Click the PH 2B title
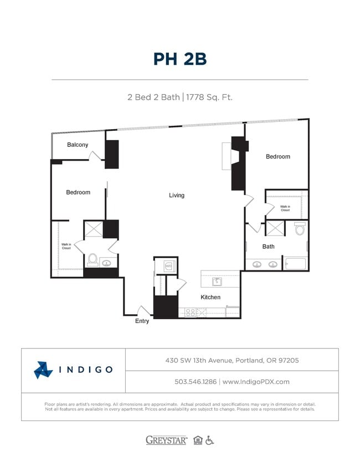pos(179,59)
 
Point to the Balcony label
pos(78,145)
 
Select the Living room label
pos(177,195)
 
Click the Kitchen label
pos(210,297)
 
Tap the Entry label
pos(142,321)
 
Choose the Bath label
pos(268,247)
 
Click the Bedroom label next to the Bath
pos(277,156)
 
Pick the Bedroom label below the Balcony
pos(78,192)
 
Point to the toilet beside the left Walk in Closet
pos(92,259)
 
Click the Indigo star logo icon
pos(43,370)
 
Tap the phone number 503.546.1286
pos(195,381)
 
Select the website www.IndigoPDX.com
pos(256,381)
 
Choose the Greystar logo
pos(166,440)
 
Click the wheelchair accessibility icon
pos(209,441)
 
